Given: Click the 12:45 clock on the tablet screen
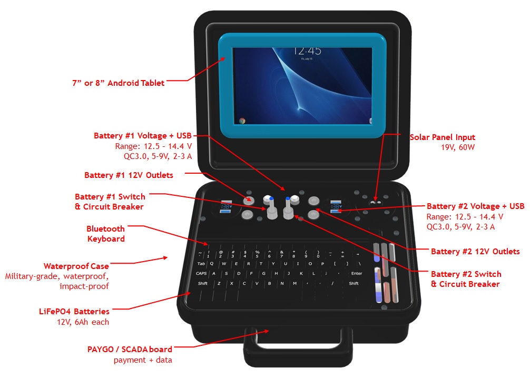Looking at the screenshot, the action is (307, 51).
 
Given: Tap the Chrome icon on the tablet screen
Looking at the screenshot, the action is (242, 121).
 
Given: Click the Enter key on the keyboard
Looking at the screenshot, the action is (357, 273).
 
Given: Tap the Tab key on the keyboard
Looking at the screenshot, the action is (201, 264).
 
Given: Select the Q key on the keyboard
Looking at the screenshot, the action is (212, 264).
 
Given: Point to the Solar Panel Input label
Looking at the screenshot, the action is (442, 137).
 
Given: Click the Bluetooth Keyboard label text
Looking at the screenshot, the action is (105, 234).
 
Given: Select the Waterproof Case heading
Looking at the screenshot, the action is (76, 266).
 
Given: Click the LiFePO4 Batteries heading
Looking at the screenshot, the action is (74, 312).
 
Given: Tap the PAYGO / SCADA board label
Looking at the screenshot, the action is (130, 350).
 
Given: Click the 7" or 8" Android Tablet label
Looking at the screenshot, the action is (119, 83).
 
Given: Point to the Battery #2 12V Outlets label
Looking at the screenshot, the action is (475, 251).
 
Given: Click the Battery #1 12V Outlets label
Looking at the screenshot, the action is (129, 175).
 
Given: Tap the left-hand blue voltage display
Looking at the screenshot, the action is (225, 206).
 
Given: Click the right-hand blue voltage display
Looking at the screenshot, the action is (335, 206).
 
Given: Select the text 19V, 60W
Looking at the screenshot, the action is (458, 147).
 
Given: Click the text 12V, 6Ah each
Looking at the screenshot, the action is (83, 322).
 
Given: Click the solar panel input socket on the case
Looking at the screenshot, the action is (375, 202).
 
